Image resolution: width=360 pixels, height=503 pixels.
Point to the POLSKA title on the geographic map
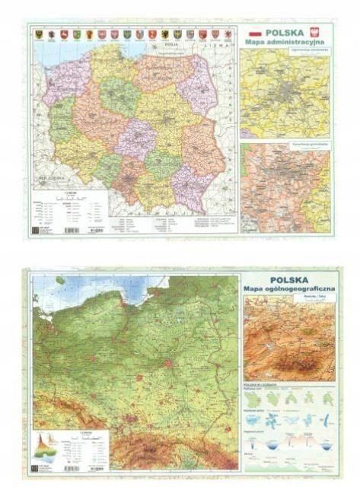(x=290, y=279)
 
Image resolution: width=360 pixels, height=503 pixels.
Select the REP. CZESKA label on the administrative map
(x=48, y=179)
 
